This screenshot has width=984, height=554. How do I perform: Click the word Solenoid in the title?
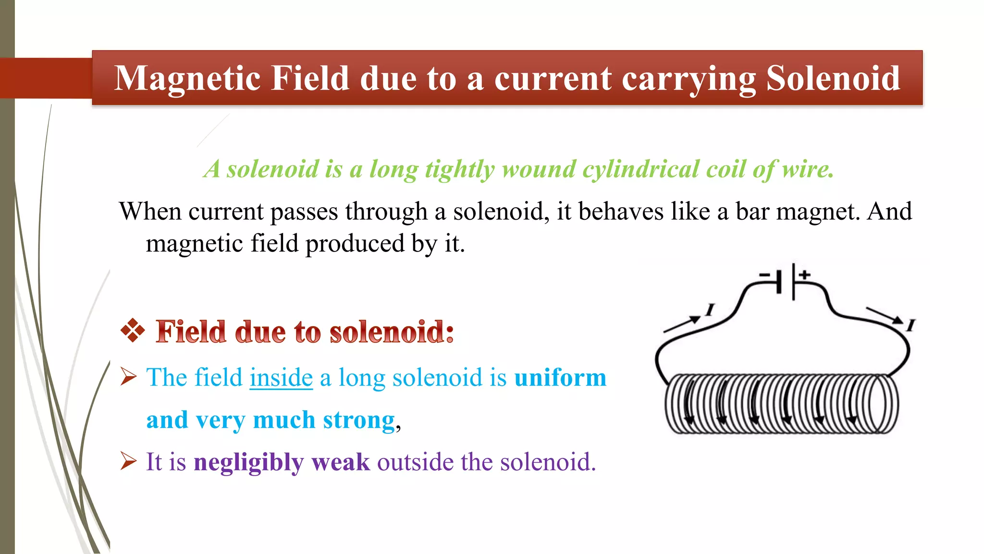coord(833,78)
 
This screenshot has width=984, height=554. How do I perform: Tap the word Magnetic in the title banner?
coord(187,78)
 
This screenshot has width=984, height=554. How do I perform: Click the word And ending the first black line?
coord(889,212)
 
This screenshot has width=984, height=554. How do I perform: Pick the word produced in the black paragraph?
coord(355,243)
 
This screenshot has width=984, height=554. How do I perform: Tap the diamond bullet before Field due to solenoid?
coord(133,331)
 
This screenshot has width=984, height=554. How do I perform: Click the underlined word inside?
coord(281,378)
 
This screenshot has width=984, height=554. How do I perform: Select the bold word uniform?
coord(560,378)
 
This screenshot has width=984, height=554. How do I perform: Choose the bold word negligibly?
coord(248,463)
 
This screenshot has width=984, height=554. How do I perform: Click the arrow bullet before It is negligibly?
coord(128,461)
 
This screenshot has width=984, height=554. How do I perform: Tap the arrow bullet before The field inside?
coord(128,377)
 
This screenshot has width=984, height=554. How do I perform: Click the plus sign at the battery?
coord(805,275)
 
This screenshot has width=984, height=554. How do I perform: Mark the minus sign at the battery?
coord(764,275)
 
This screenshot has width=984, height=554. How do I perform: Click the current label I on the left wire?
coord(710,310)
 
